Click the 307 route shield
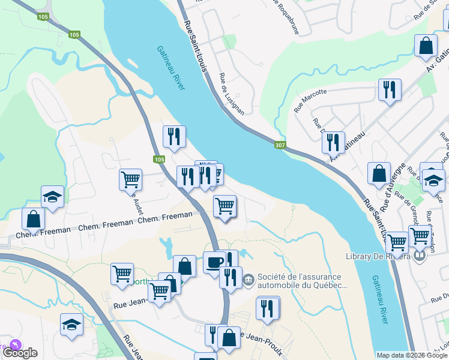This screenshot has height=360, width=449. [x=280, y=145]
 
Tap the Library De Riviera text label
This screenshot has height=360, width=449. [x=378, y=257]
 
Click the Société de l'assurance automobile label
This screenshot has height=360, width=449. [x=303, y=281]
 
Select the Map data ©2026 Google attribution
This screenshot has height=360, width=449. [x=411, y=355]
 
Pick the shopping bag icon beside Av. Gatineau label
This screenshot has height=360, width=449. [x=426, y=46]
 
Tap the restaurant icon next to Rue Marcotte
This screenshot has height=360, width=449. [x=390, y=90]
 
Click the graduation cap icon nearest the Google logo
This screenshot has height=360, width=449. [x=71, y=324]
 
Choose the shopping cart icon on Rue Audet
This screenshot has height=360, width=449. [x=130, y=178]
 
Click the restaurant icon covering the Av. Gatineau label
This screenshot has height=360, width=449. [x=333, y=142]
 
